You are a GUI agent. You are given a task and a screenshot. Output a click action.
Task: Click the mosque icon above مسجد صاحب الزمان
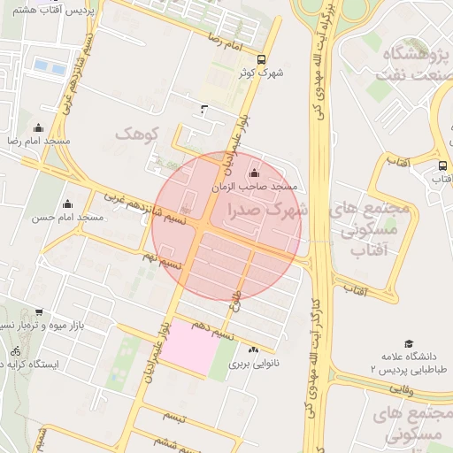coord(256,173)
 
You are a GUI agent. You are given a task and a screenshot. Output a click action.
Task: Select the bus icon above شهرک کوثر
coord(260,60)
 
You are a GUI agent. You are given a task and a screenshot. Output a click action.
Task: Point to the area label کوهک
coord(135,134)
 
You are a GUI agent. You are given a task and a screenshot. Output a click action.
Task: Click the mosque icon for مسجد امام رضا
coord(37,128)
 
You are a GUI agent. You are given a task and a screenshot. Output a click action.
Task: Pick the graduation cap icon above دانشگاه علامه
coord(408,343)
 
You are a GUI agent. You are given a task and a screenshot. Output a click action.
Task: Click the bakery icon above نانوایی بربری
coord(255,350)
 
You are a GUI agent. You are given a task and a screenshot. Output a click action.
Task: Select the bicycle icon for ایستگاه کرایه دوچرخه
coord(15,350)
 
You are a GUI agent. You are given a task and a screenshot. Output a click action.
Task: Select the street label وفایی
coord(400,388)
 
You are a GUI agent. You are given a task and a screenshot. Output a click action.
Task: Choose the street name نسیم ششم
coord(170,441)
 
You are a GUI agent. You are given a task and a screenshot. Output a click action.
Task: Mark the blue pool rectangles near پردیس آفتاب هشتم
coord(50,66)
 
